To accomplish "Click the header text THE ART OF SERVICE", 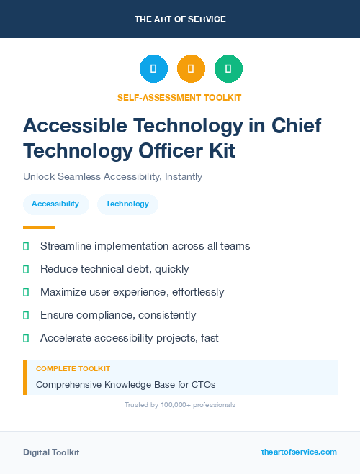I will [x=180, y=19].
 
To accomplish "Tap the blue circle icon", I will [x=153, y=69].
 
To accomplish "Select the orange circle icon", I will [x=191, y=69].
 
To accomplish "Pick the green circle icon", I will [x=228, y=69].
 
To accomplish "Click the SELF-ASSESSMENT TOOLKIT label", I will [x=180, y=97].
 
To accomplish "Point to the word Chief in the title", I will [x=296, y=125].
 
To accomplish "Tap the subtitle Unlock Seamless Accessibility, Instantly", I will [x=112, y=176].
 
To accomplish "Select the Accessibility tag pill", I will [x=55, y=204].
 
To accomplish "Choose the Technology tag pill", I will [x=127, y=204].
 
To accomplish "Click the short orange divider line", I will [x=39, y=227].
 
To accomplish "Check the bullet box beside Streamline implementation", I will [x=26, y=246].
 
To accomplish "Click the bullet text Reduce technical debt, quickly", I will [x=114, y=269].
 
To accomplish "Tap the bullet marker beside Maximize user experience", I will [x=26, y=292].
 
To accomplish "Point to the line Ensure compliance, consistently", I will [x=118, y=315].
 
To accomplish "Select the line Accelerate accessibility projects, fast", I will [x=129, y=338].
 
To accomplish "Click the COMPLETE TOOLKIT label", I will [x=73, y=368].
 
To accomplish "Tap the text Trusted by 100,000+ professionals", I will [x=180, y=405].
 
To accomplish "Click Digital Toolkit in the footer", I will [x=51, y=452].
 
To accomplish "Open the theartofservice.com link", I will [x=299, y=452].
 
